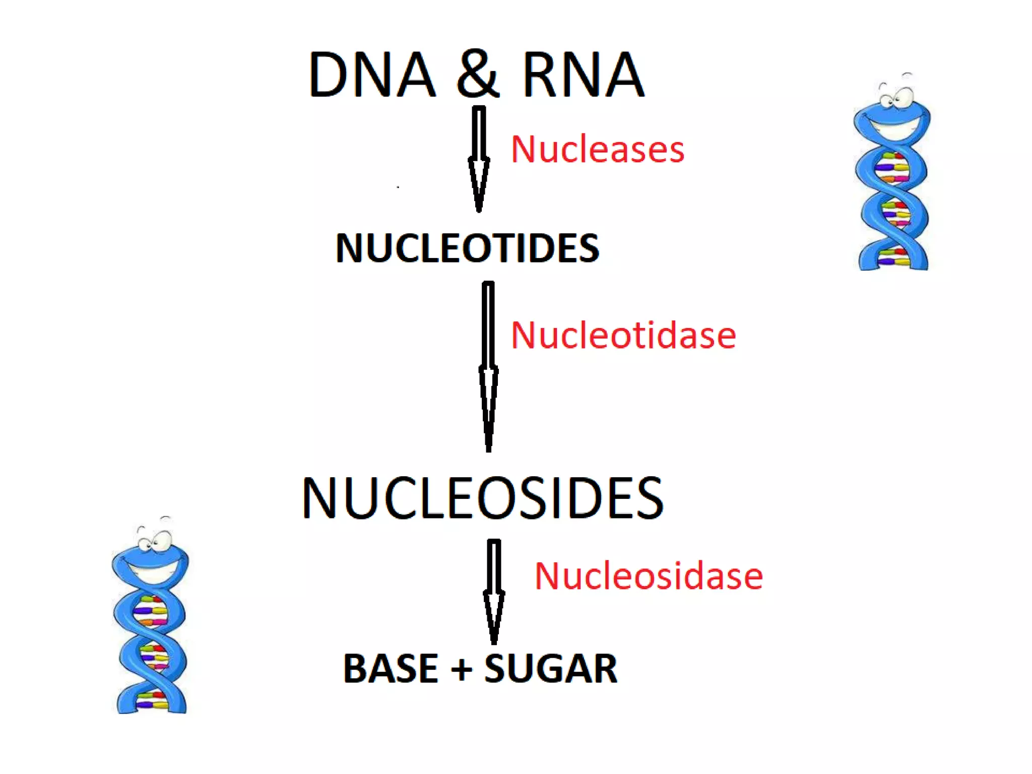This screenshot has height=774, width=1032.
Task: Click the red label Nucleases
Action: tap(598, 150)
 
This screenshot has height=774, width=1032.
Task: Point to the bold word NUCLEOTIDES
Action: tap(467, 248)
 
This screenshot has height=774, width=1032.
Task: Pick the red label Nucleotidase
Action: tap(623, 336)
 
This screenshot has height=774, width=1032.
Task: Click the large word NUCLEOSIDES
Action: tap(482, 498)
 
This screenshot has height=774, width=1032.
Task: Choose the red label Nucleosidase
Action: tap(649, 576)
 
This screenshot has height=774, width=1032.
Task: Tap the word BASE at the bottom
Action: tap(391, 669)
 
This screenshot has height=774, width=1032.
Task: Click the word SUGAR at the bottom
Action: tap(551, 669)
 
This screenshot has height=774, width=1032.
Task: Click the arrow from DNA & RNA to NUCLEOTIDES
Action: tap(479, 159)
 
